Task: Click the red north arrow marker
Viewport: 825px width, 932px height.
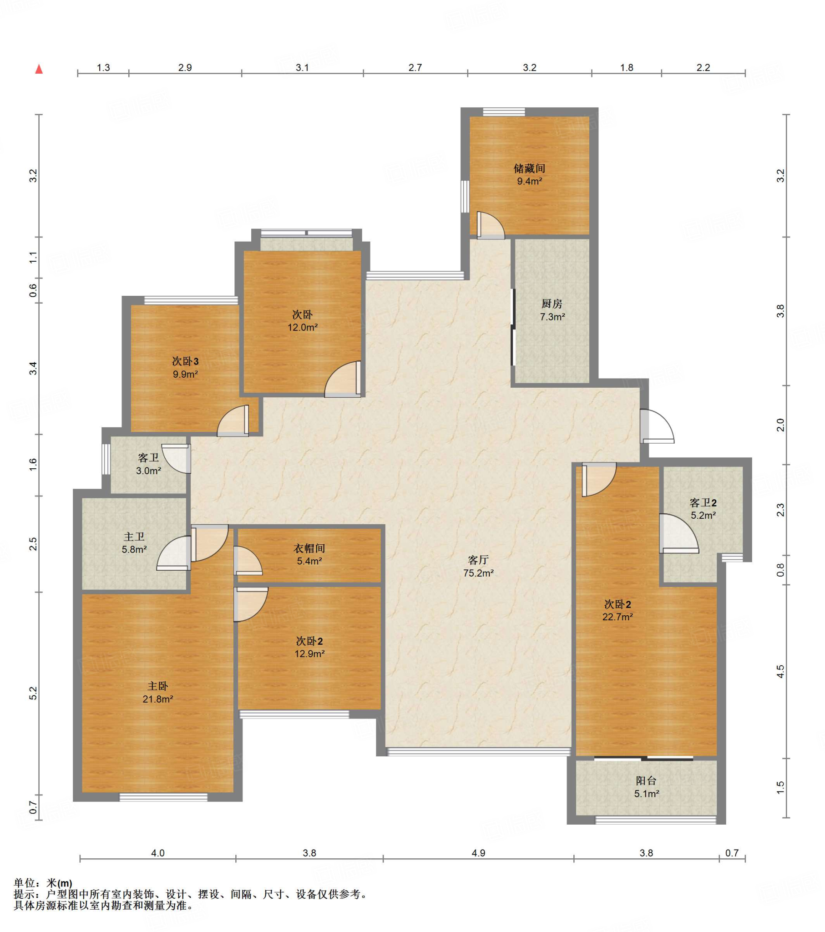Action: [x=39, y=69]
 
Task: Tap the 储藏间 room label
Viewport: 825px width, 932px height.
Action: [x=529, y=169]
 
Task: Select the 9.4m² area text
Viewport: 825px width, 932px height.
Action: [x=529, y=182]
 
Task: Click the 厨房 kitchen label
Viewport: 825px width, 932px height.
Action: [x=552, y=304]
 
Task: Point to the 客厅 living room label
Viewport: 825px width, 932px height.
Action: [x=478, y=560]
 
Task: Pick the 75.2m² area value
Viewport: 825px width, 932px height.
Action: [x=478, y=573]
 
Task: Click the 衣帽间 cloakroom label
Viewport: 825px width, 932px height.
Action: [x=309, y=548]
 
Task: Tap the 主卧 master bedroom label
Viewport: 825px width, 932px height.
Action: [x=158, y=686]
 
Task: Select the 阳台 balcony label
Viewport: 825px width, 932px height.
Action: [x=646, y=781]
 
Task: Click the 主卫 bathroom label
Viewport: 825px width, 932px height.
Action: [x=134, y=537]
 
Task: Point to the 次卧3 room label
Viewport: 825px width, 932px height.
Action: [x=185, y=362]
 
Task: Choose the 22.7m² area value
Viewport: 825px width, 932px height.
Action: [x=617, y=617]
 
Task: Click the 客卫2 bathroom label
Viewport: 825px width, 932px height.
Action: [x=703, y=503]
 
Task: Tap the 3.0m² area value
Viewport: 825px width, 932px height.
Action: [x=148, y=471]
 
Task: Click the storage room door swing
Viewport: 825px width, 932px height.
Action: [x=491, y=225]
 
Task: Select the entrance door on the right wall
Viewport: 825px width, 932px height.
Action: [x=657, y=426]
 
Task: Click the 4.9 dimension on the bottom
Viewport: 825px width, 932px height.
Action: [x=478, y=853]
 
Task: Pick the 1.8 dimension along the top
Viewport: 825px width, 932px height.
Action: [x=627, y=67]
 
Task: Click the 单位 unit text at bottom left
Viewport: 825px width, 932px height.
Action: [x=25, y=883]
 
